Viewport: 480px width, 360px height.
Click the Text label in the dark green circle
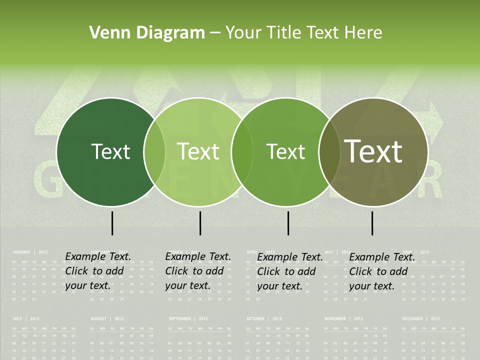click(x=110, y=151)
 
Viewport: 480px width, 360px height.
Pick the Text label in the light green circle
click(x=198, y=151)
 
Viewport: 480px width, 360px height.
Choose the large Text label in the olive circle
click(x=373, y=151)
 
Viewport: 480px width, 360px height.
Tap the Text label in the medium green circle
click(x=285, y=151)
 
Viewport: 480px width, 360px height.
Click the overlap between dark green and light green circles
click(x=154, y=152)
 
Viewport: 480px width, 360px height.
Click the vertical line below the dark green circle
click(x=112, y=223)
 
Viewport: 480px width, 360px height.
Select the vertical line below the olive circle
click(x=372, y=223)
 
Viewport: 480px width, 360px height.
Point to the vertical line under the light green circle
click(x=200, y=223)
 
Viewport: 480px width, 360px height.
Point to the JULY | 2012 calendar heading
click(x=26, y=318)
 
